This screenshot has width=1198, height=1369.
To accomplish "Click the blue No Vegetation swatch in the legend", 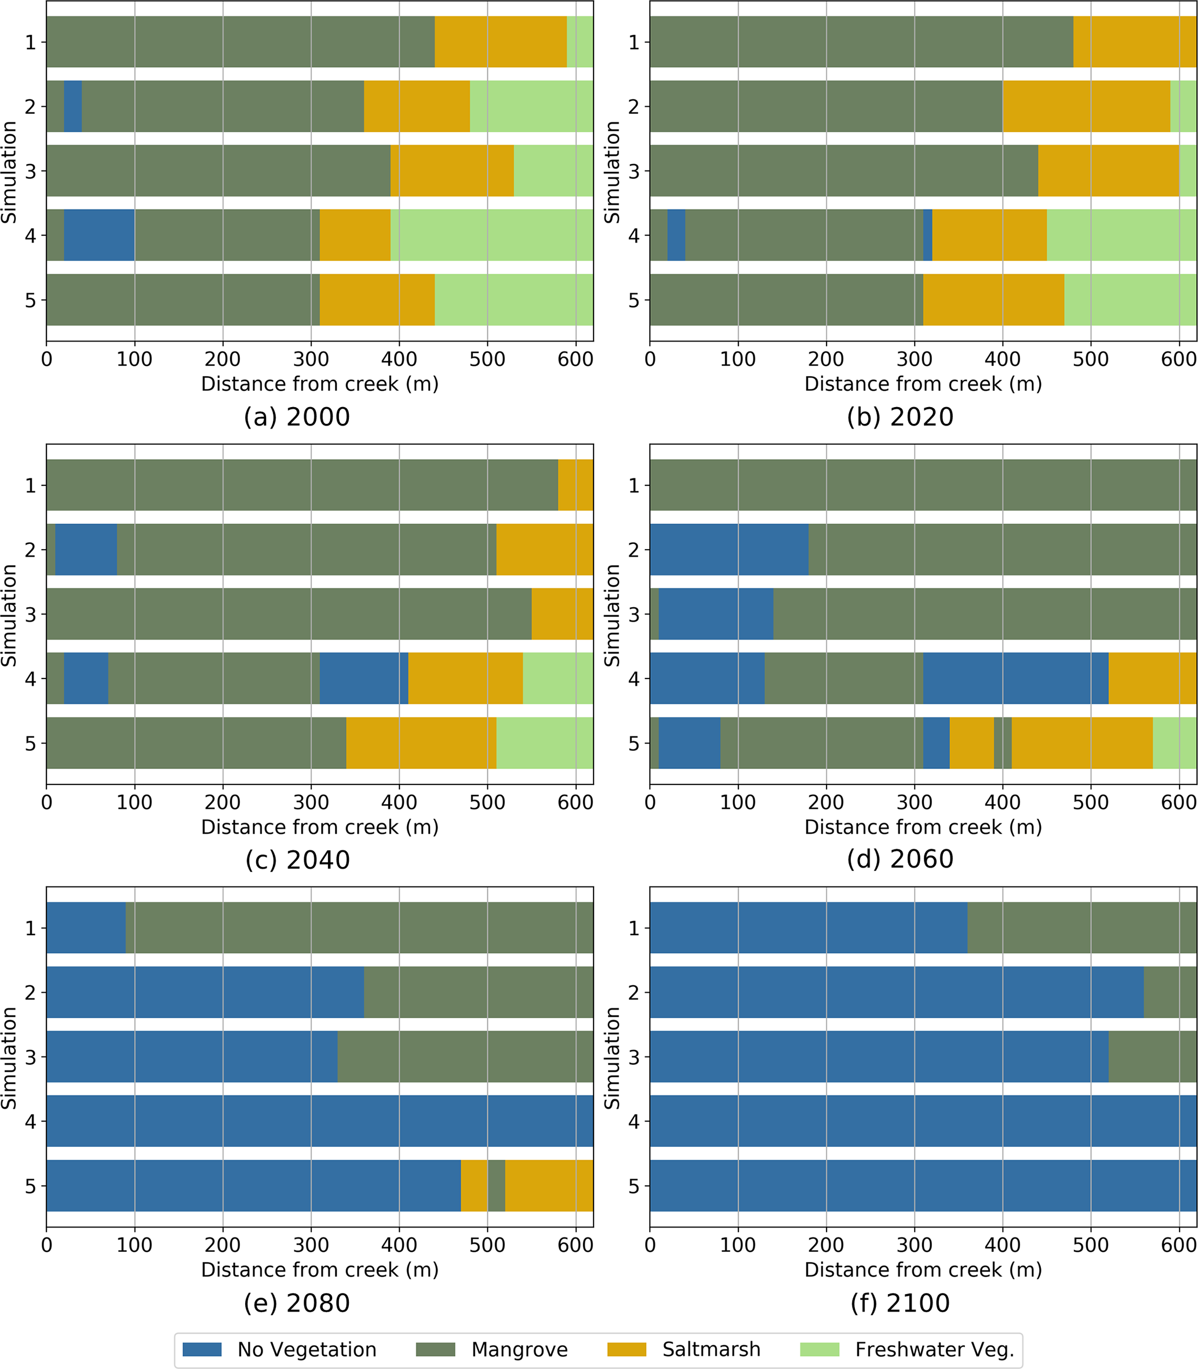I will pos(201,1349).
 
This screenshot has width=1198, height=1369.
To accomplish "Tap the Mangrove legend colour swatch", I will pos(435,1349).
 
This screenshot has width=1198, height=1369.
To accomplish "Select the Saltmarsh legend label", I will pos(711,1349).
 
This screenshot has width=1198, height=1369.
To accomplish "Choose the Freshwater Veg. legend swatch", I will pos(820,1349).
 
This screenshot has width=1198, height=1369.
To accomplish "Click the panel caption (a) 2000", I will pos(297,417).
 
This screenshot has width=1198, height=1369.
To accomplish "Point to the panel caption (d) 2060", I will pos(900,859).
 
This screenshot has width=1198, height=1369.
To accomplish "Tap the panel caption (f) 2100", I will pos(900,1303).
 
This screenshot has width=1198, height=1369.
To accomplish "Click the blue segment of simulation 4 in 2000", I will pos(99,235).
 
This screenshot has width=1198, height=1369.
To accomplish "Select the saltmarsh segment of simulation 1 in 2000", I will pos(501,42).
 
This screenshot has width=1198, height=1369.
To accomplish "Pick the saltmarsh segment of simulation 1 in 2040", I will pos(576,485).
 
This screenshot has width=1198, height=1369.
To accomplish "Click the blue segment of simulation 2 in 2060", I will pos(729,549).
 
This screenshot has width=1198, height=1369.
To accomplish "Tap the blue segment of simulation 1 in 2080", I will pos(86,928).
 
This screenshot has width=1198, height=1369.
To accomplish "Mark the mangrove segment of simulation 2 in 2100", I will pos(1170,992).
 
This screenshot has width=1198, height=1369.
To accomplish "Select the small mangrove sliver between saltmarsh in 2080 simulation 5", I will pos(496,1185).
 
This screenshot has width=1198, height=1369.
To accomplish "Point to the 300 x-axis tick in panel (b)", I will pos(914,359).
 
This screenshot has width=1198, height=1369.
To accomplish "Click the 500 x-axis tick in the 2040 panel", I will pos(487,802).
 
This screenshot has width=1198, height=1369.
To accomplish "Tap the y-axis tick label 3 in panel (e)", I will pos(31,1056).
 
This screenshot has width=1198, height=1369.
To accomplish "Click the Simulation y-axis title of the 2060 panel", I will pos(611,615).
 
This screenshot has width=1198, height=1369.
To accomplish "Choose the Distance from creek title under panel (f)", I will pos(923,1269).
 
